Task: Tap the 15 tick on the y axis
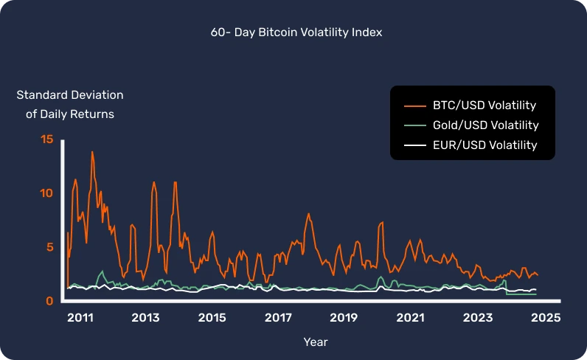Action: pyautogui.click(x=47, y=139)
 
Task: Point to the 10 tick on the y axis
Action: pyautogui.click(x=47, y=193)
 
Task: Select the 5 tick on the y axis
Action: pyautogui.click(x=50, y=247)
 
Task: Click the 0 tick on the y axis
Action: pyautogui.click(x=50, y=301)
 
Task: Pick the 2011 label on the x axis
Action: pyautogui.click(x=80, y=318)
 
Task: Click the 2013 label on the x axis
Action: pyautogui.click(x=145, y=318)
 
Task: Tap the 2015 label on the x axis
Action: pyautogui.click(x=212, y=318)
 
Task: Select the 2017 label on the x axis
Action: pyautogui.click(x=278, y=318)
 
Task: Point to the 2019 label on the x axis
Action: pyautogui.click(x=344, y=318)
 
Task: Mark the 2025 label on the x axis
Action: pyautogui.click(x=545, y=318)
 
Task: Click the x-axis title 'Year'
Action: pyautogui.click(x=316, y=342)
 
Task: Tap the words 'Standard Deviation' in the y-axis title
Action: pyautogui.click(x=70, y=95)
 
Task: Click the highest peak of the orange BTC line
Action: pyautogui.click(x=92, y=152)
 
